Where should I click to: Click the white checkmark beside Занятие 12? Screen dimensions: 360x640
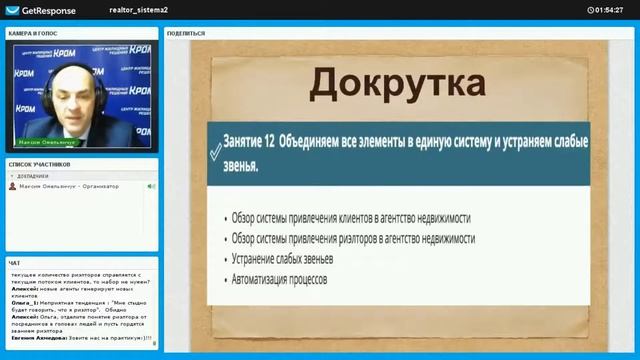pyautogui.click(x=215, y=151)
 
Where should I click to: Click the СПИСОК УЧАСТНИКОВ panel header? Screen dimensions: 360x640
pyautogui.click(x=40, y=163)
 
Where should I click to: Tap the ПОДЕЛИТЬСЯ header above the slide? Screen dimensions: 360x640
pyautogui.click(x=186, y=33)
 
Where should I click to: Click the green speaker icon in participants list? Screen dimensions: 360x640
pyautogui.click(x=151, y=186)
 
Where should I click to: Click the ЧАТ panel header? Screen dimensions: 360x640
pyautogui.click(x=14, y=263)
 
